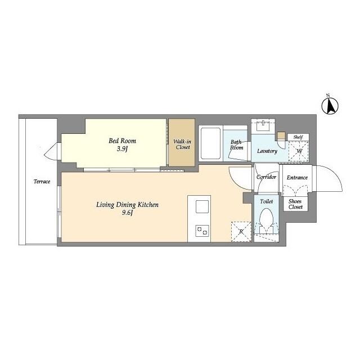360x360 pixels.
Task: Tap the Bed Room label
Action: point(123,141)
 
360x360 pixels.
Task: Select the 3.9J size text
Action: point(123,149)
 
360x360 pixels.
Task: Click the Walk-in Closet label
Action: point(182,144)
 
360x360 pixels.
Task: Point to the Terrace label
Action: point(42,182)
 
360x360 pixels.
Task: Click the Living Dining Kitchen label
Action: point(127,205)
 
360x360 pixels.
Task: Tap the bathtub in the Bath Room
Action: point(211,143)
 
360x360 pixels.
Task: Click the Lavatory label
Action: point(267,151)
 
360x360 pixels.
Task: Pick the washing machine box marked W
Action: point(298,151)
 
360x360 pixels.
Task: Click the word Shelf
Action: point(298,137)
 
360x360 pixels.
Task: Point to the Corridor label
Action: point(266,177)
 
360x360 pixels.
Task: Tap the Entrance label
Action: point(297,178)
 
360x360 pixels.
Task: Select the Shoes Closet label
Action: point(295,204)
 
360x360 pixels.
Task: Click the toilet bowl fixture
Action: point(266,220)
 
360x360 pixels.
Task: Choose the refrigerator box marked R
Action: point(241,231)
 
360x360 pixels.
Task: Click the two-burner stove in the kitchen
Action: point(202,231)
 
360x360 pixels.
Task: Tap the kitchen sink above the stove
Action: point(202,208)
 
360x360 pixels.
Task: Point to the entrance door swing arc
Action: point(328,180)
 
